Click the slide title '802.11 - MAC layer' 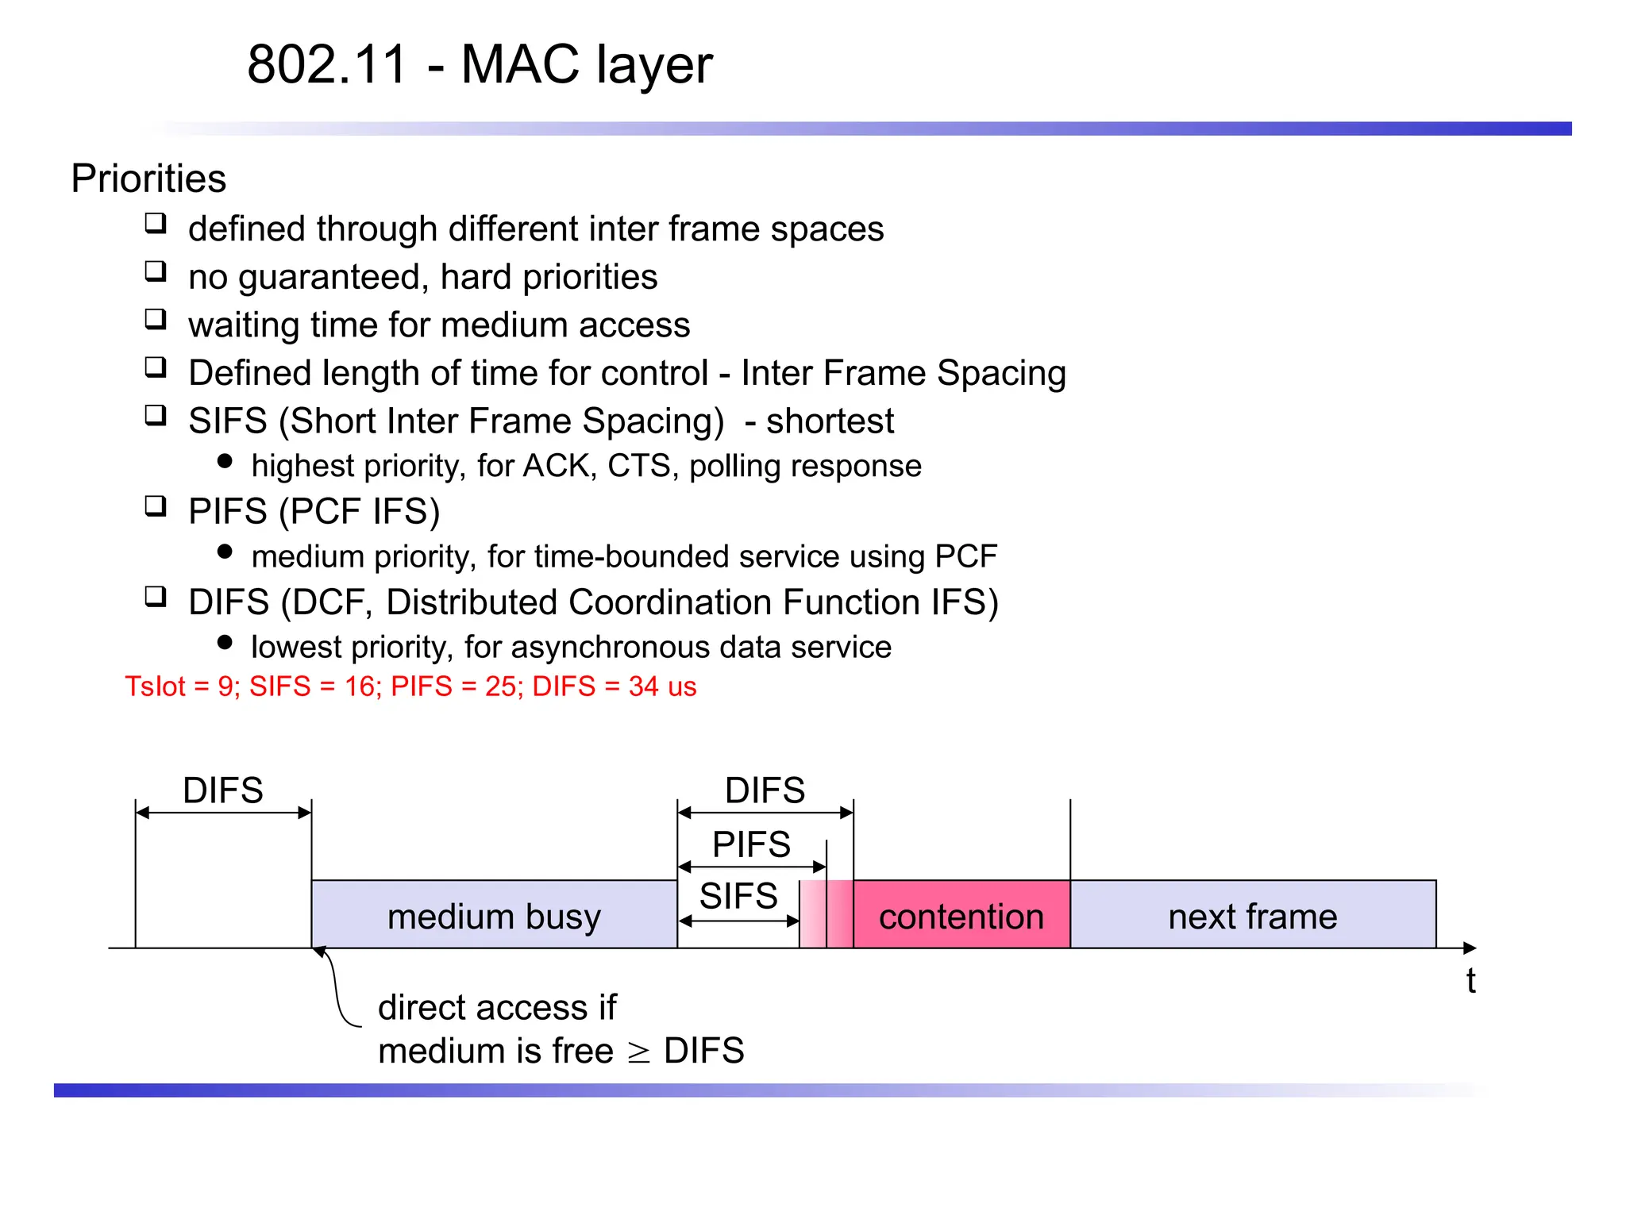point(480,64)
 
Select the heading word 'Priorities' point(148,179)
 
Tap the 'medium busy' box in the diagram point(494,917)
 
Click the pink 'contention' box point(961,917)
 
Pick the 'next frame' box point(1253,917)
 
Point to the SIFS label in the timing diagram point(738,896)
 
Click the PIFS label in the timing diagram point(751,844)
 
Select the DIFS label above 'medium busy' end point(765,790)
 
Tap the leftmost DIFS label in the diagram point(223,790)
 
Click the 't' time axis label point(1470,981)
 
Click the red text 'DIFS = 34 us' point(614,686)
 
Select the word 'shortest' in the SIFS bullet point(830,421)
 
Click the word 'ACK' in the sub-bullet point(559,466)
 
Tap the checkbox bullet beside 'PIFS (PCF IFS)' point(156,506)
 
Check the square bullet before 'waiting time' point(156,319)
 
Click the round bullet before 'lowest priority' point(225,642)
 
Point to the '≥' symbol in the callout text point(638,1052)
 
